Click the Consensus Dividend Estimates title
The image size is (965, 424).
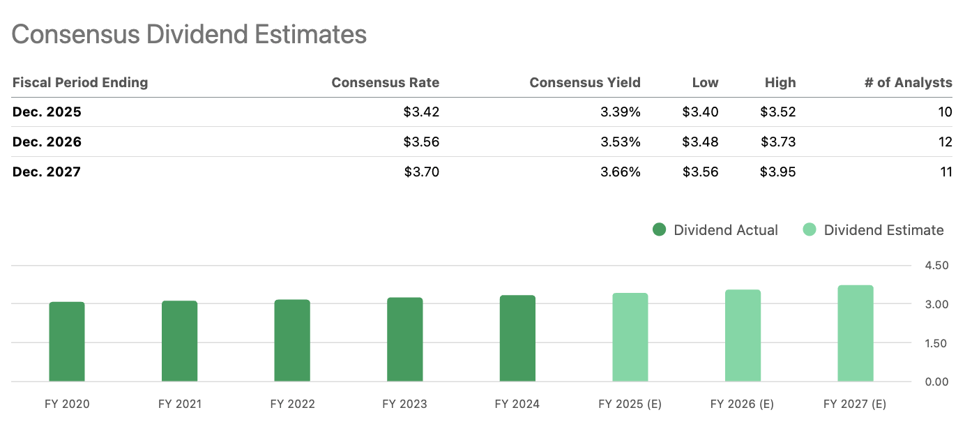189,34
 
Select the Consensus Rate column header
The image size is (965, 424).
385,82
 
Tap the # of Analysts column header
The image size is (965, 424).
908,82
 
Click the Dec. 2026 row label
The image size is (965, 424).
47,142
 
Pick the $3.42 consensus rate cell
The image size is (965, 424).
421,112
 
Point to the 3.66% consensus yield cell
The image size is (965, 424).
620,172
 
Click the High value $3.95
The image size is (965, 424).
777,172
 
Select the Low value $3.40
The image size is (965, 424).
700,112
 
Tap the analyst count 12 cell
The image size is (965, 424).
945,142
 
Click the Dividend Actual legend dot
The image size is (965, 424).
659,230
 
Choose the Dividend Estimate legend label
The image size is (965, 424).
883,230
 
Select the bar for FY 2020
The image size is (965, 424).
67,342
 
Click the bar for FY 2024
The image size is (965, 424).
517,338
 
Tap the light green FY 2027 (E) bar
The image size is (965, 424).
855,333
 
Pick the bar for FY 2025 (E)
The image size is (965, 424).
630,338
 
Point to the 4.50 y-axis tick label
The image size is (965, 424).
936,266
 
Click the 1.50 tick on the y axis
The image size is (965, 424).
936,343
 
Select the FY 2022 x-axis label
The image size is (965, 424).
292,404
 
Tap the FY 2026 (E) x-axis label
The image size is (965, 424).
742,404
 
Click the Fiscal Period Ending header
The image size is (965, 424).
80,82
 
